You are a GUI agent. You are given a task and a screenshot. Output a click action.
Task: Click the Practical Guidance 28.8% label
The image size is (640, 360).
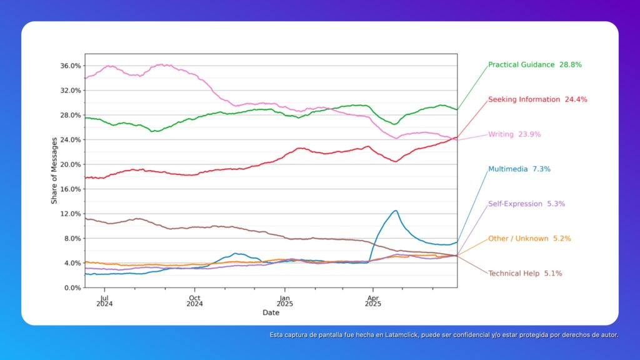click(x=538, y=64)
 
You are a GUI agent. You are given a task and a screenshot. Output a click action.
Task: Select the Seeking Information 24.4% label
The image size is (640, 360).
click(x=537, y=99)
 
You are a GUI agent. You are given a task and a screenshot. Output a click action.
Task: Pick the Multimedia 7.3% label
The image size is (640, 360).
click(x=519, y=169)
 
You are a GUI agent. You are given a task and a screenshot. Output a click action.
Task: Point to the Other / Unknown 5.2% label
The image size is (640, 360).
click(x=529, y=239)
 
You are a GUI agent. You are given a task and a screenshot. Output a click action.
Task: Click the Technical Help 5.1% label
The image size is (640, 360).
click(x=525, y=273)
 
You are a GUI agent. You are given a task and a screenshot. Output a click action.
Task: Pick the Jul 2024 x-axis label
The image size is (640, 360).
click(x=104, y=301)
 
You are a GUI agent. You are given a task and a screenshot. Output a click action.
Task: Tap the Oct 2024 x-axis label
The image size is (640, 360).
click(x=194, y=301)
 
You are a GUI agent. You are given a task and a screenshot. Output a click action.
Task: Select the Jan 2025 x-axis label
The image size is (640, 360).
click(x=284, y=301)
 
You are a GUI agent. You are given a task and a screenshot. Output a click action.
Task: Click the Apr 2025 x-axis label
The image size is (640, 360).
click(x=372, y=301)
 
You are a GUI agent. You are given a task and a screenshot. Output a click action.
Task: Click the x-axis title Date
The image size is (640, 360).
click(x=271, y=312)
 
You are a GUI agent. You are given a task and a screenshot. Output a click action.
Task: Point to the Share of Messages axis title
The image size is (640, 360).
click(x=54, y=170)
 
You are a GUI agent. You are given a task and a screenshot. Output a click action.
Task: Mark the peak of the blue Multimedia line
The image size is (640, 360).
click(x=396, y=211)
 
